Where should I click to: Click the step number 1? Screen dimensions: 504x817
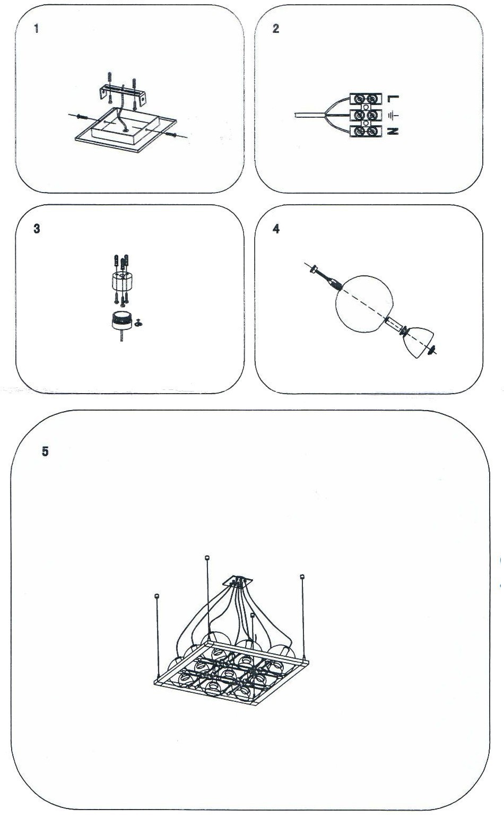coord(36,29)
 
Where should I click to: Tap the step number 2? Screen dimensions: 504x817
coord(276,29)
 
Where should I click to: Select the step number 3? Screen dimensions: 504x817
coord(37,229)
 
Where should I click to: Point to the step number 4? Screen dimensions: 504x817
coord(276,229)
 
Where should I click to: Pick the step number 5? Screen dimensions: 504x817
coord(45,451)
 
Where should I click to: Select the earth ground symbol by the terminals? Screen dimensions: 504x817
coord(394,115)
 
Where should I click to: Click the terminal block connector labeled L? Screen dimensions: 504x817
coord(366,99)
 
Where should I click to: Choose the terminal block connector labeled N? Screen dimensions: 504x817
coord(366,132)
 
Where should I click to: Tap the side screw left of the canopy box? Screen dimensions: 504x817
coord(82,117)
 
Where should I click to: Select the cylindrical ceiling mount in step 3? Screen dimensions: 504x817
coord(122,281)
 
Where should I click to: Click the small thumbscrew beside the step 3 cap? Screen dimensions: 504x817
coord(138,323)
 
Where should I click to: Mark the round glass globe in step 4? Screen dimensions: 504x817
coord(364,304)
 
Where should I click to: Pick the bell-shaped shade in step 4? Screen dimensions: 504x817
coord(420,342)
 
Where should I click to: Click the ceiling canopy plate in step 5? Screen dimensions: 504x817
coord(239,580)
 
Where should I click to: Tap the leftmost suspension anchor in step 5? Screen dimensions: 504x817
coord(157,596)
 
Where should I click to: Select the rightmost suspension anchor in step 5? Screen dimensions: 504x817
coord(301,576)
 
